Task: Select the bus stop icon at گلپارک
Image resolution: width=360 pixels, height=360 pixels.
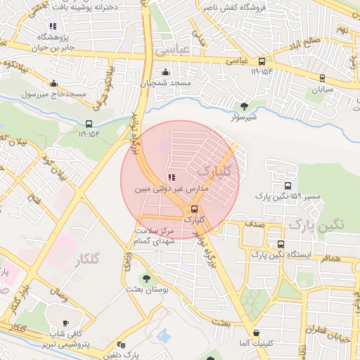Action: pyautogui.click(x=194, y=209)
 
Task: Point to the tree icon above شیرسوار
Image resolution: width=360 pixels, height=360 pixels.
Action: pyautogui.click(x=244, y=106)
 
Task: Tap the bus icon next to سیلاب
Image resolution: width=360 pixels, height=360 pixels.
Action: pyautogui.click(x=322, y=78)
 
